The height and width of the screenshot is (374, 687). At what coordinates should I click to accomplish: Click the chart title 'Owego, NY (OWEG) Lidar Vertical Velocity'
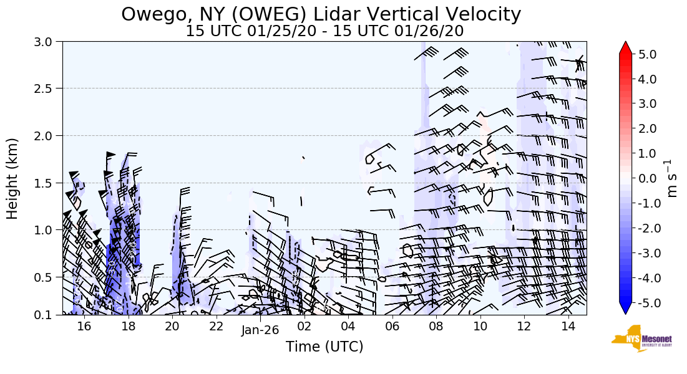pos(321,14)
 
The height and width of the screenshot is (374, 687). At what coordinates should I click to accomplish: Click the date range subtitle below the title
pos(324,31)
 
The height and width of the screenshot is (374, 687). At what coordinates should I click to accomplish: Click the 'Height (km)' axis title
pos(13,178)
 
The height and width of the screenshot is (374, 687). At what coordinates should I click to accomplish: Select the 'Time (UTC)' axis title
pos(324,347)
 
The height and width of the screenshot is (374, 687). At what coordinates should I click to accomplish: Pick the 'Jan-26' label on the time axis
pos(260,330)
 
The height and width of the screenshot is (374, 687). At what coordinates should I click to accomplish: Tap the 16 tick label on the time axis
pos(84,326)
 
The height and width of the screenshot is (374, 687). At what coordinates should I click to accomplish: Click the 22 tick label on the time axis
pos(216,326)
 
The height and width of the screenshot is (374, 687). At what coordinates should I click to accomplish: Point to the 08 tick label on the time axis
pos(436,326)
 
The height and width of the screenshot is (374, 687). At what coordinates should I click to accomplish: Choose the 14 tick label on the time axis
pos(568,326)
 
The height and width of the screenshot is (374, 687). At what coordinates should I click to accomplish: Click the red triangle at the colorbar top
pos(625,48)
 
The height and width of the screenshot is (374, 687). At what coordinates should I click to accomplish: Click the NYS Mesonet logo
pos(642,338)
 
